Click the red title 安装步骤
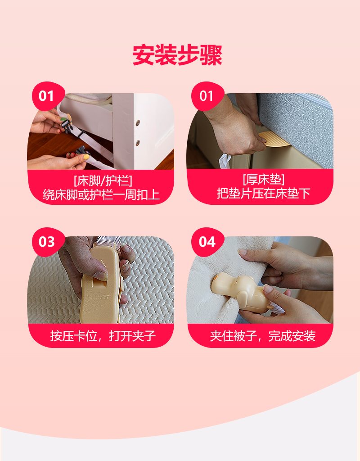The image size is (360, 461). click(177, 55)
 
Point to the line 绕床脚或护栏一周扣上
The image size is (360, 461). click(101, 194)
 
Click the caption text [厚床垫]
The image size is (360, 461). click(263, 179)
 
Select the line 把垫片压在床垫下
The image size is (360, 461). click(263, 193)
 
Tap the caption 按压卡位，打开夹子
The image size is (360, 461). click(103, 336)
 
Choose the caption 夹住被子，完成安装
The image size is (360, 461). click(263, 336)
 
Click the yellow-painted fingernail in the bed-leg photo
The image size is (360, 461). click(86, 157)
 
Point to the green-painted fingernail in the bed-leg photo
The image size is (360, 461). click(63, 119)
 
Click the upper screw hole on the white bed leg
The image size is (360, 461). click(138, 123)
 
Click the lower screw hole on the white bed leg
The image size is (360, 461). click(138, 143)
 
